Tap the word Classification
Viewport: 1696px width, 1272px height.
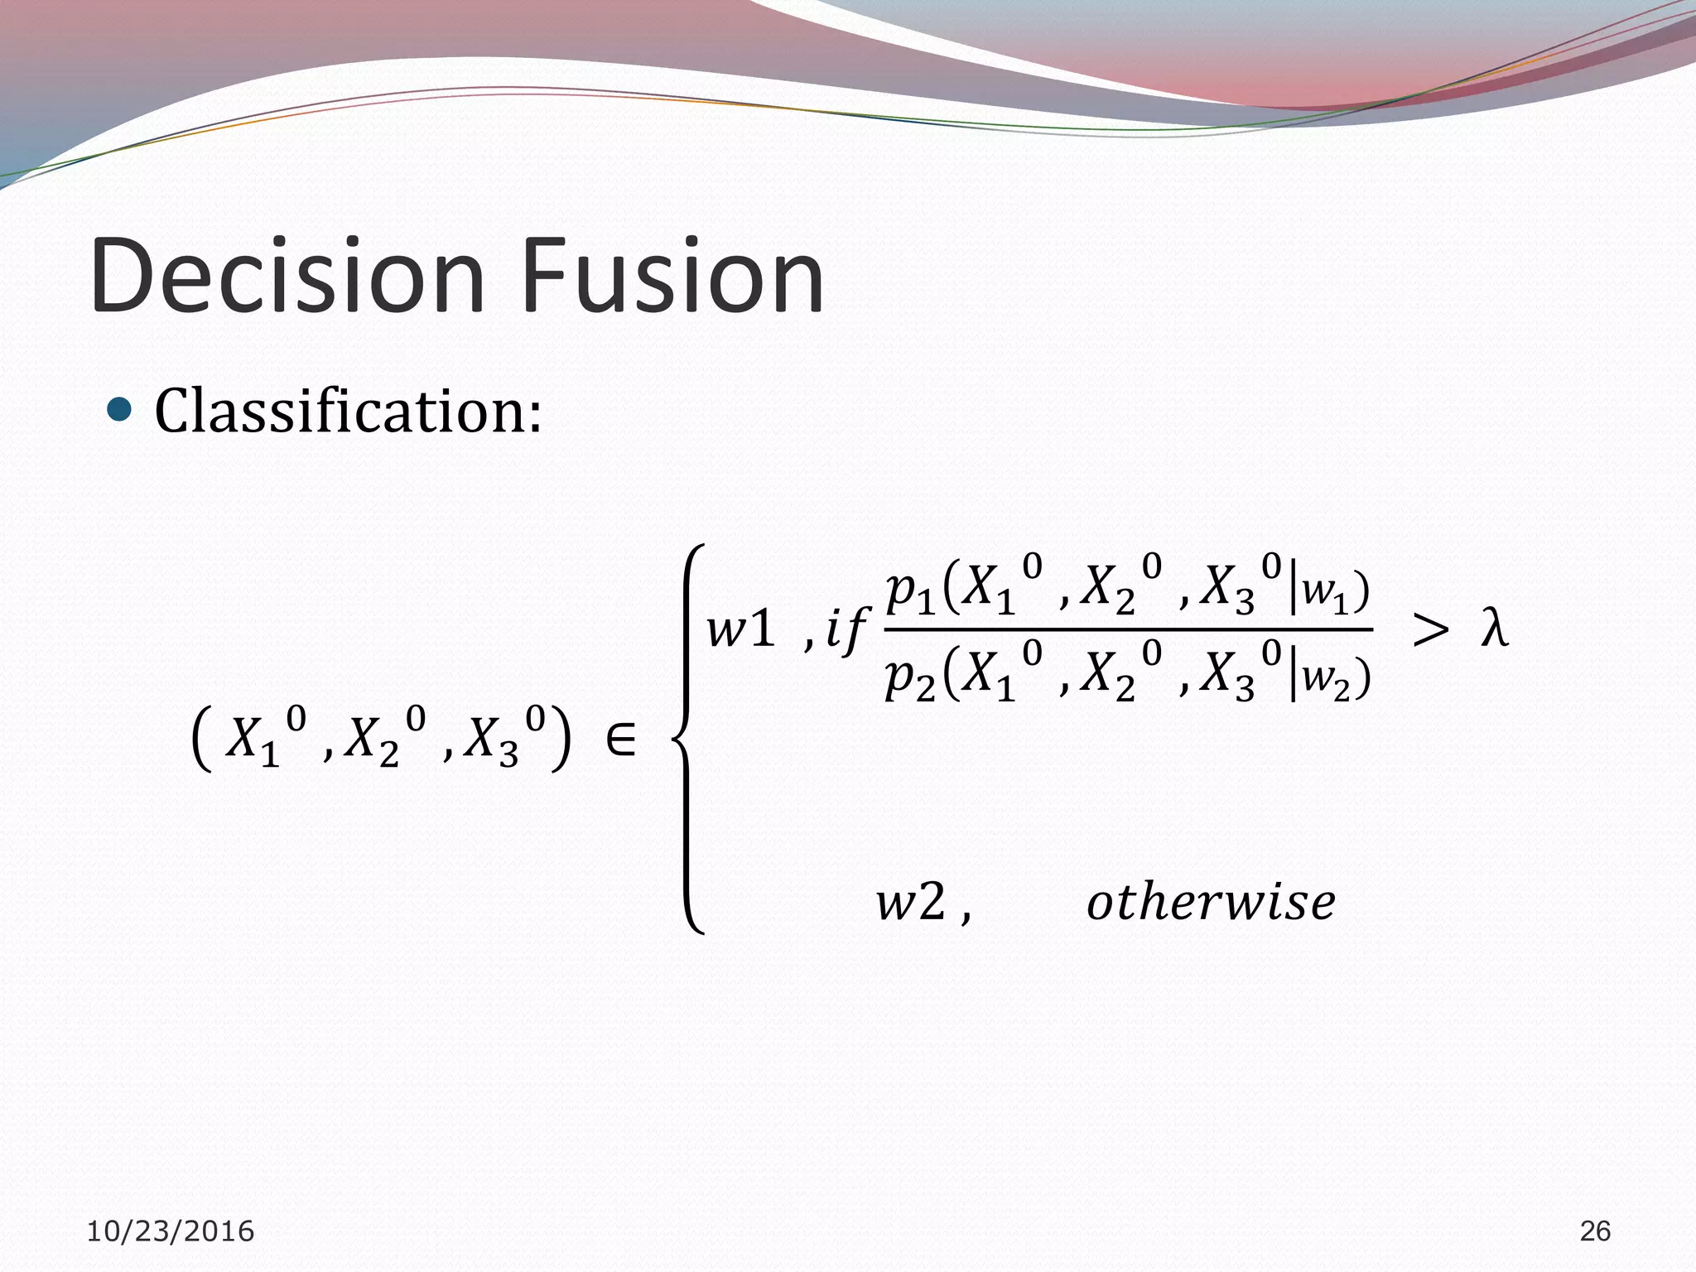348,412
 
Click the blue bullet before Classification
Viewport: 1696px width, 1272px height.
120,408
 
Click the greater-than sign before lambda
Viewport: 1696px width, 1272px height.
1430,630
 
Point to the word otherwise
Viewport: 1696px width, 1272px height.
1211,902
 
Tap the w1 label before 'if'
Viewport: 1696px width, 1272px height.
740,629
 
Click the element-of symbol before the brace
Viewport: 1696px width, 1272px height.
620,740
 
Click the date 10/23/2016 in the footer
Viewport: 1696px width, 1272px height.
171,1231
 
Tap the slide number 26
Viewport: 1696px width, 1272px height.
1595,1231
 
